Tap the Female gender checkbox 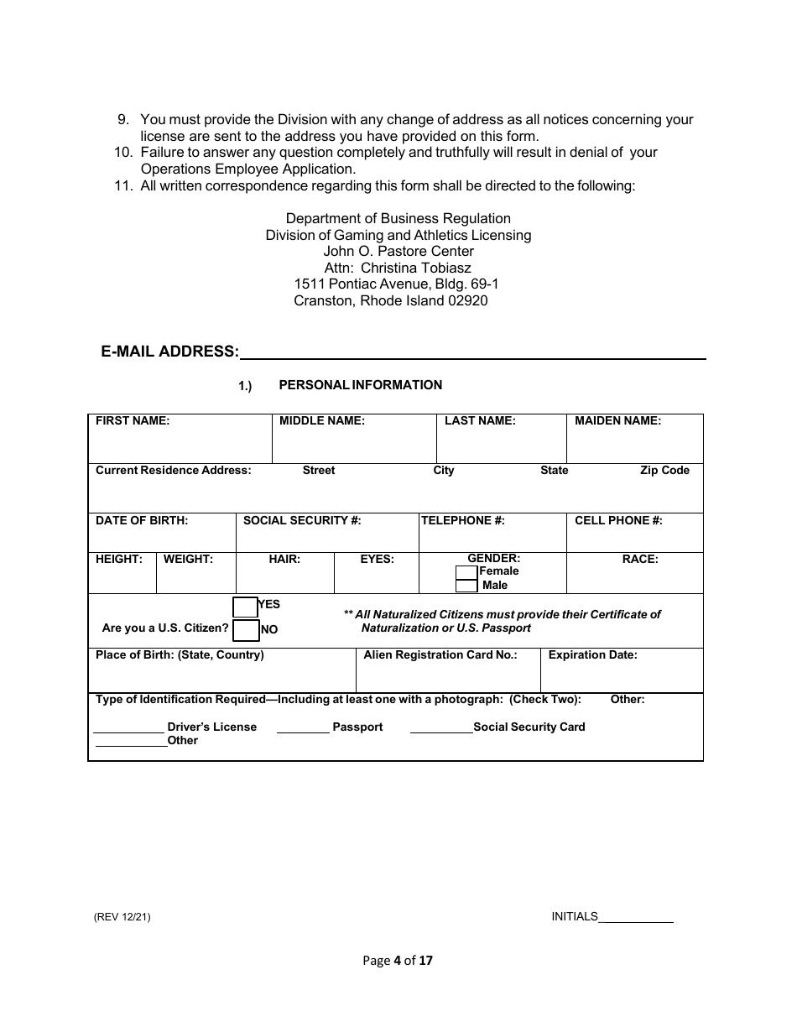(x=466, y=572)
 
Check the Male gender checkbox (x=466, y=586)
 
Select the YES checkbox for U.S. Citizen (x=245, y=607)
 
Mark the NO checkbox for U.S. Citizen (x=246, y=629)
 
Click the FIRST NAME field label (x=133, y=421)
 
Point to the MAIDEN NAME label (x=617, y=421)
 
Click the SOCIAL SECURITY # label (x=302, y=521)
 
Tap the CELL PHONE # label (x=618, y=521)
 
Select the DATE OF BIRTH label (x=142, y=521)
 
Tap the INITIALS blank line (x=636, y=920)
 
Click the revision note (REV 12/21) (x=122, y=917)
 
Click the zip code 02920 (x=468, y=300)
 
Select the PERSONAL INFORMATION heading (x=360, y=385)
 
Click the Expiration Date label (x=592, y=655)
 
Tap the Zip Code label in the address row (x=664, y=471)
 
